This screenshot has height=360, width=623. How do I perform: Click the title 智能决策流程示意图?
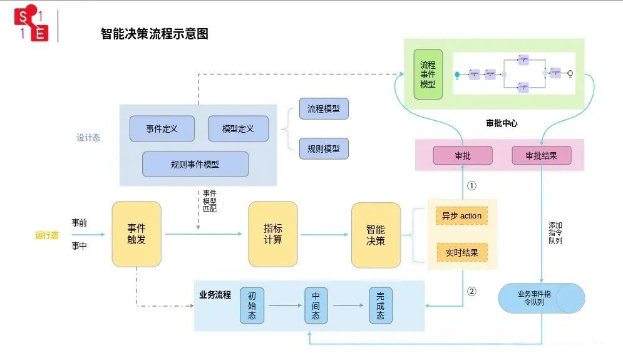point(154,34)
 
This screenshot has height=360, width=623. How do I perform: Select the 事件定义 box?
point(162,129)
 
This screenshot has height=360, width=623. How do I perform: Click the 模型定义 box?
point(238,129)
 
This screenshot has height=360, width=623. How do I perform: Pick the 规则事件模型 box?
point(195,165)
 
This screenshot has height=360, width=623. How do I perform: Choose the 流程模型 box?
point(323,109)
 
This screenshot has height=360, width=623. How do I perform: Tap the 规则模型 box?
point(323,148)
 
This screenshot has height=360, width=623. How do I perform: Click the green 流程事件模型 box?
point(428,75)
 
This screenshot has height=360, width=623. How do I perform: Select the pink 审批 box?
point(462,155)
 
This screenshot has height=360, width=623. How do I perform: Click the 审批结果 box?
point(541,155)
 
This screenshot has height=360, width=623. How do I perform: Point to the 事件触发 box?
point(136,234)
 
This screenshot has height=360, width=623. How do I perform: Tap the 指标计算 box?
point(272,234)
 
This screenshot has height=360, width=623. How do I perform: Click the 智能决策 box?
point(376,234)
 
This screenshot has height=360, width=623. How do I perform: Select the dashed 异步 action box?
point(461,216)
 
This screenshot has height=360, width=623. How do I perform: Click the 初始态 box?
point(252,306)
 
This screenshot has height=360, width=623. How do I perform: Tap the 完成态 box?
point(380,306)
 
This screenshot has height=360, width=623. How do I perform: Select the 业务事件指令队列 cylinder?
point(541,298)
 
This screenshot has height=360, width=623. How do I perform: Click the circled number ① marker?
point(472,186)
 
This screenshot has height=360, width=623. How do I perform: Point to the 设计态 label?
point(88,138)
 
